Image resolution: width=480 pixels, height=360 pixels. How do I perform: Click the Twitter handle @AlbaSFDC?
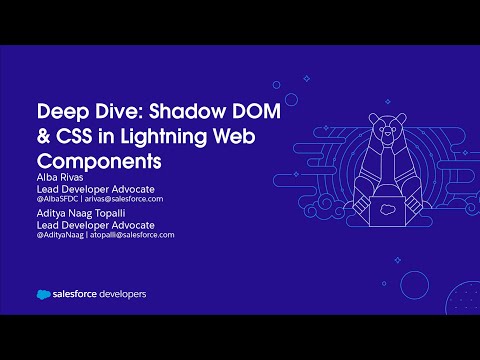click(62, 199)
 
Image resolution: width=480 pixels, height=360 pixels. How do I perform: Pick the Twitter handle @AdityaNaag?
click(65, 235)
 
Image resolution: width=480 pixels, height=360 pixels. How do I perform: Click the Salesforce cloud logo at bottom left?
click(43, 294)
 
